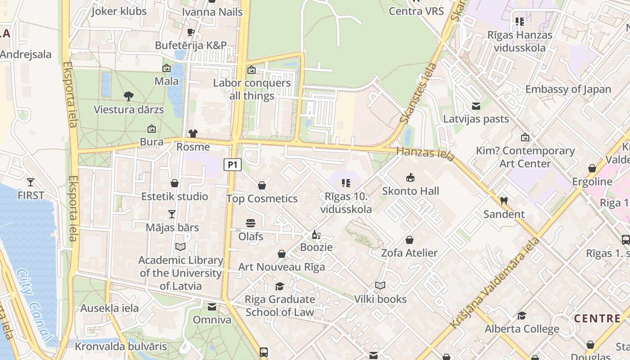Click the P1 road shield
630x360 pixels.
tap(233, 165)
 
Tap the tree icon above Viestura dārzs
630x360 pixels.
tap(129, 96)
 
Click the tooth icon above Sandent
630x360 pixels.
tap(504, 201)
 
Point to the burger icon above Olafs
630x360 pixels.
tap(251, 223)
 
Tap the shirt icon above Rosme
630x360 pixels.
tap(193, 134)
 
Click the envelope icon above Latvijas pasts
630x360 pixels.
tap(476, 106)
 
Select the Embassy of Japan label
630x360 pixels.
tap(568, 89)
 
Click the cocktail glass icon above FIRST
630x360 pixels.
tap(31, 182)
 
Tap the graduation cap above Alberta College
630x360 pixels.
tap(522, 316)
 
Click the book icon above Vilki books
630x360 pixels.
tap(380, 286)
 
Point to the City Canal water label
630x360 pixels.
tap(34, 304)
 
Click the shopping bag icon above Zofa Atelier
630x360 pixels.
tap(409, 240)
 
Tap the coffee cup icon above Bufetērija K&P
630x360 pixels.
tap(191, 32)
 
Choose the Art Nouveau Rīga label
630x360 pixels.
tap(281, 267)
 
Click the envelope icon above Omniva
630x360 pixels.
tap(211, 307)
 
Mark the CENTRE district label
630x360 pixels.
tap(597, 319)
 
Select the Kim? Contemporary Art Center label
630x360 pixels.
tap(525, 157)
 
